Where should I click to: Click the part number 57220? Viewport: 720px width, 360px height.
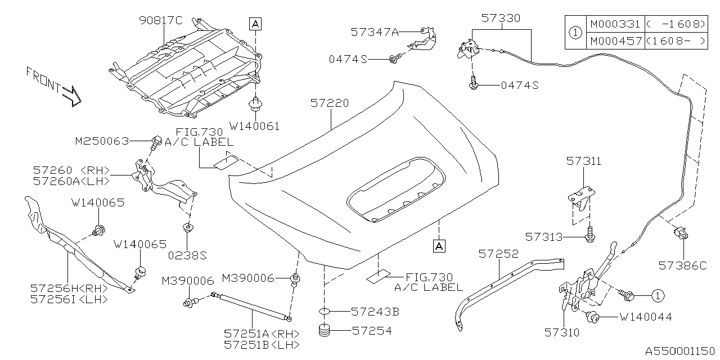tap(330, 103)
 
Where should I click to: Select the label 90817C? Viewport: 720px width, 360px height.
tap(161, 21)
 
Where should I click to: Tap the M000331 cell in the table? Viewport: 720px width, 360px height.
tap(615, 24)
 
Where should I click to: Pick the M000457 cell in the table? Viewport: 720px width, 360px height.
tap(615, 41)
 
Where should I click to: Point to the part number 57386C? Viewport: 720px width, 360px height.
tap(682, 264)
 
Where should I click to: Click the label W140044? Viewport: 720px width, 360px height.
tap(646, 317)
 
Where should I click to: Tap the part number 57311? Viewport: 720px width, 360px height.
tap(583, 161)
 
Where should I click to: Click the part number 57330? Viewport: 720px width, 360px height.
tap(501, 19)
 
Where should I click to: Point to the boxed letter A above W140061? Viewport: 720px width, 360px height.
tap(255, 24)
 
